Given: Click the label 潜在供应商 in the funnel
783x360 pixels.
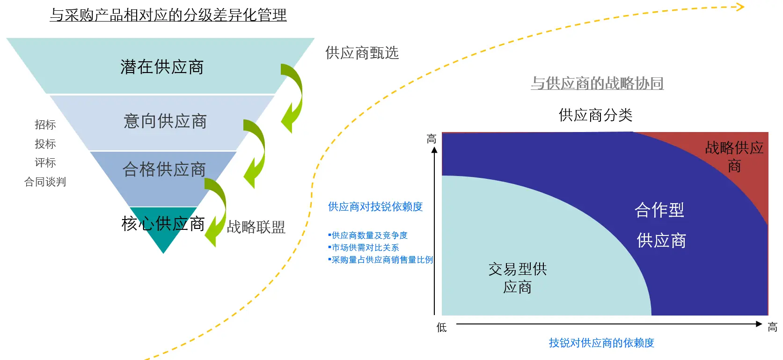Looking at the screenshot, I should click(162, 67).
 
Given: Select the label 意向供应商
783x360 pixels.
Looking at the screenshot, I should click(165, 121).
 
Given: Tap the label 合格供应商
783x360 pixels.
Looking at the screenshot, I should click(164, 169).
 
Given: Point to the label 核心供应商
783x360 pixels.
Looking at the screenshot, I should click(163, 224).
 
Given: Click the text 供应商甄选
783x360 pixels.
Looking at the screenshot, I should click(362, 53).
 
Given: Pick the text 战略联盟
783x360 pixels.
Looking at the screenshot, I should click(256, 227).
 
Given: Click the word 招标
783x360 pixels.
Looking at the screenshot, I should click(45, 125).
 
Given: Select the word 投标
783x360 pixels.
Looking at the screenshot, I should click(45, 144).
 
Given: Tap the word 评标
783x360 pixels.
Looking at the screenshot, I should click(45, 162).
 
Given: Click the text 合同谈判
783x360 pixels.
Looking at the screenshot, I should click(45, 182).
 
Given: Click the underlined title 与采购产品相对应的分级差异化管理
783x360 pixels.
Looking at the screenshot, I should click(168, 15).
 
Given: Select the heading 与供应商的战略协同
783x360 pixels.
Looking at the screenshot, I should click(597, 83).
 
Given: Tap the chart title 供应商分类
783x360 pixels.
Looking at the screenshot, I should click(595, 115).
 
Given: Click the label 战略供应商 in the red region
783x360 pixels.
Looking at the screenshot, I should click(734, 156).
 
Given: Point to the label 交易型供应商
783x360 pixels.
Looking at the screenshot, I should click(517, 278).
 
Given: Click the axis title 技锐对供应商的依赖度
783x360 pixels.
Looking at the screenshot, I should click(601, 343).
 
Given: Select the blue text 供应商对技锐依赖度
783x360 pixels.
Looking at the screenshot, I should click(375, 206).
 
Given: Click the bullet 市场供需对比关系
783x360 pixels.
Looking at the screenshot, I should click(365, 248).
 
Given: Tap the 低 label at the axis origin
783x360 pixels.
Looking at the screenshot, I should click(441, 327).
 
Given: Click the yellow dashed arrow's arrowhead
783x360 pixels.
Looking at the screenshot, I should click(740, 7).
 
